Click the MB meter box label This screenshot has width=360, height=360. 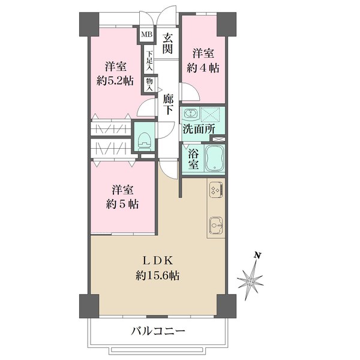[x=146, y=35]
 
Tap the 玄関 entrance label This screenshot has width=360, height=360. [x=169, y=42]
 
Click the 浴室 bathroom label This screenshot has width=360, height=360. [x=194, y=160]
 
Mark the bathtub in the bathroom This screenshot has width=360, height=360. [x=215, y=160]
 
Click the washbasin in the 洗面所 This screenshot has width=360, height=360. [x=191, y=113]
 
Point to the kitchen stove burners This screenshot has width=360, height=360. [x=215, y=191]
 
